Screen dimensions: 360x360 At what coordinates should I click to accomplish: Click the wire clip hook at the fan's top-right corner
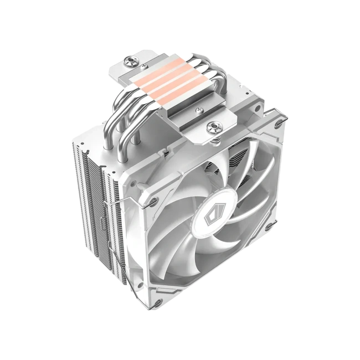[285, 119]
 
